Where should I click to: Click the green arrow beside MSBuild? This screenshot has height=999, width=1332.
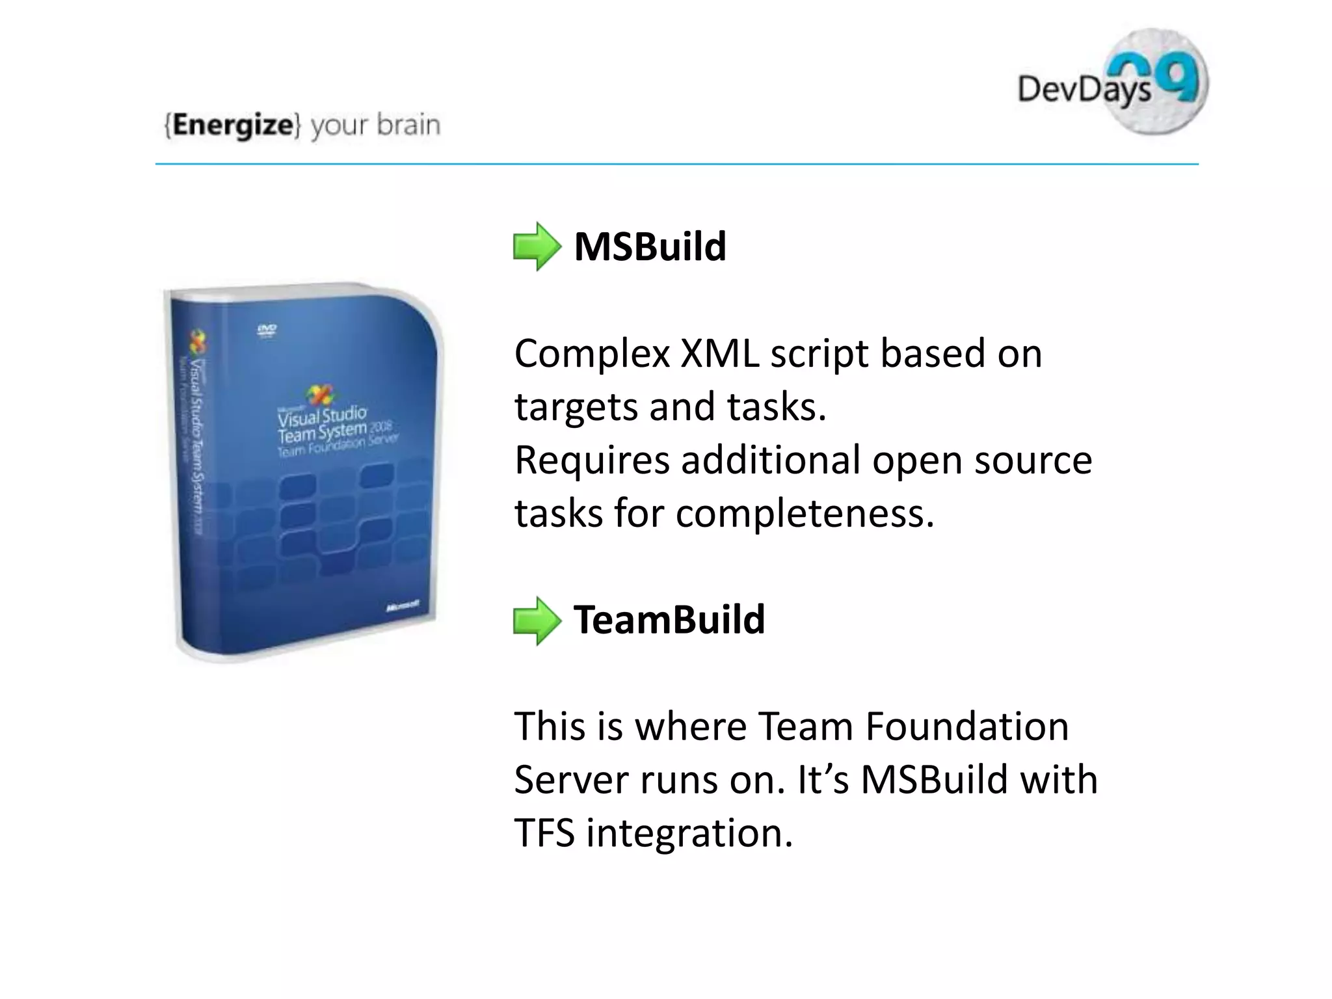537,246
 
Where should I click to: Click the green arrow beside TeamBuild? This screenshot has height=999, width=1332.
537,620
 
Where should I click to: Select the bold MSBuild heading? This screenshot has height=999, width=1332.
650,247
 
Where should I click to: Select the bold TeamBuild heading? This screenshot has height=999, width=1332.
669,619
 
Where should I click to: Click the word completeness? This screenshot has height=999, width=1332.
805,514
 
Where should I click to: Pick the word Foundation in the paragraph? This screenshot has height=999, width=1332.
966,726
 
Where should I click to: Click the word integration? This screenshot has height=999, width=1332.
689,833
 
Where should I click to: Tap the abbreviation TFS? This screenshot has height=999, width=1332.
544,832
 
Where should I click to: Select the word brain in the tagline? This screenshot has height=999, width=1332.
408,125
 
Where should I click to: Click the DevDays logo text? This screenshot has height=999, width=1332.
1084,90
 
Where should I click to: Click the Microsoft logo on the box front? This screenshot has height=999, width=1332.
402,607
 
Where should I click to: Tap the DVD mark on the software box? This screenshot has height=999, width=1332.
267,330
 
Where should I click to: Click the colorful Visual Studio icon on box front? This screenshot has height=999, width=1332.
319,395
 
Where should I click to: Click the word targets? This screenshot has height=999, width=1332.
576,408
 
